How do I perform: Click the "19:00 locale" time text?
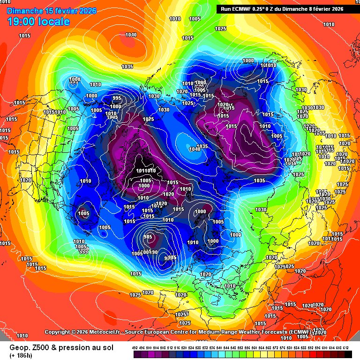38,21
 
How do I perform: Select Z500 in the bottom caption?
39,347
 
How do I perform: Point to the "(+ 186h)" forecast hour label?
22,355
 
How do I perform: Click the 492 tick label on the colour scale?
135,347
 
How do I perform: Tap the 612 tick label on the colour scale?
346,347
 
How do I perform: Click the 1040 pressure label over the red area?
131,35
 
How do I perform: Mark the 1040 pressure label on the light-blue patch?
195,149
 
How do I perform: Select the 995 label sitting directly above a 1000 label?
117,98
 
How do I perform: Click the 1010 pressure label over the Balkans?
230,286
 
